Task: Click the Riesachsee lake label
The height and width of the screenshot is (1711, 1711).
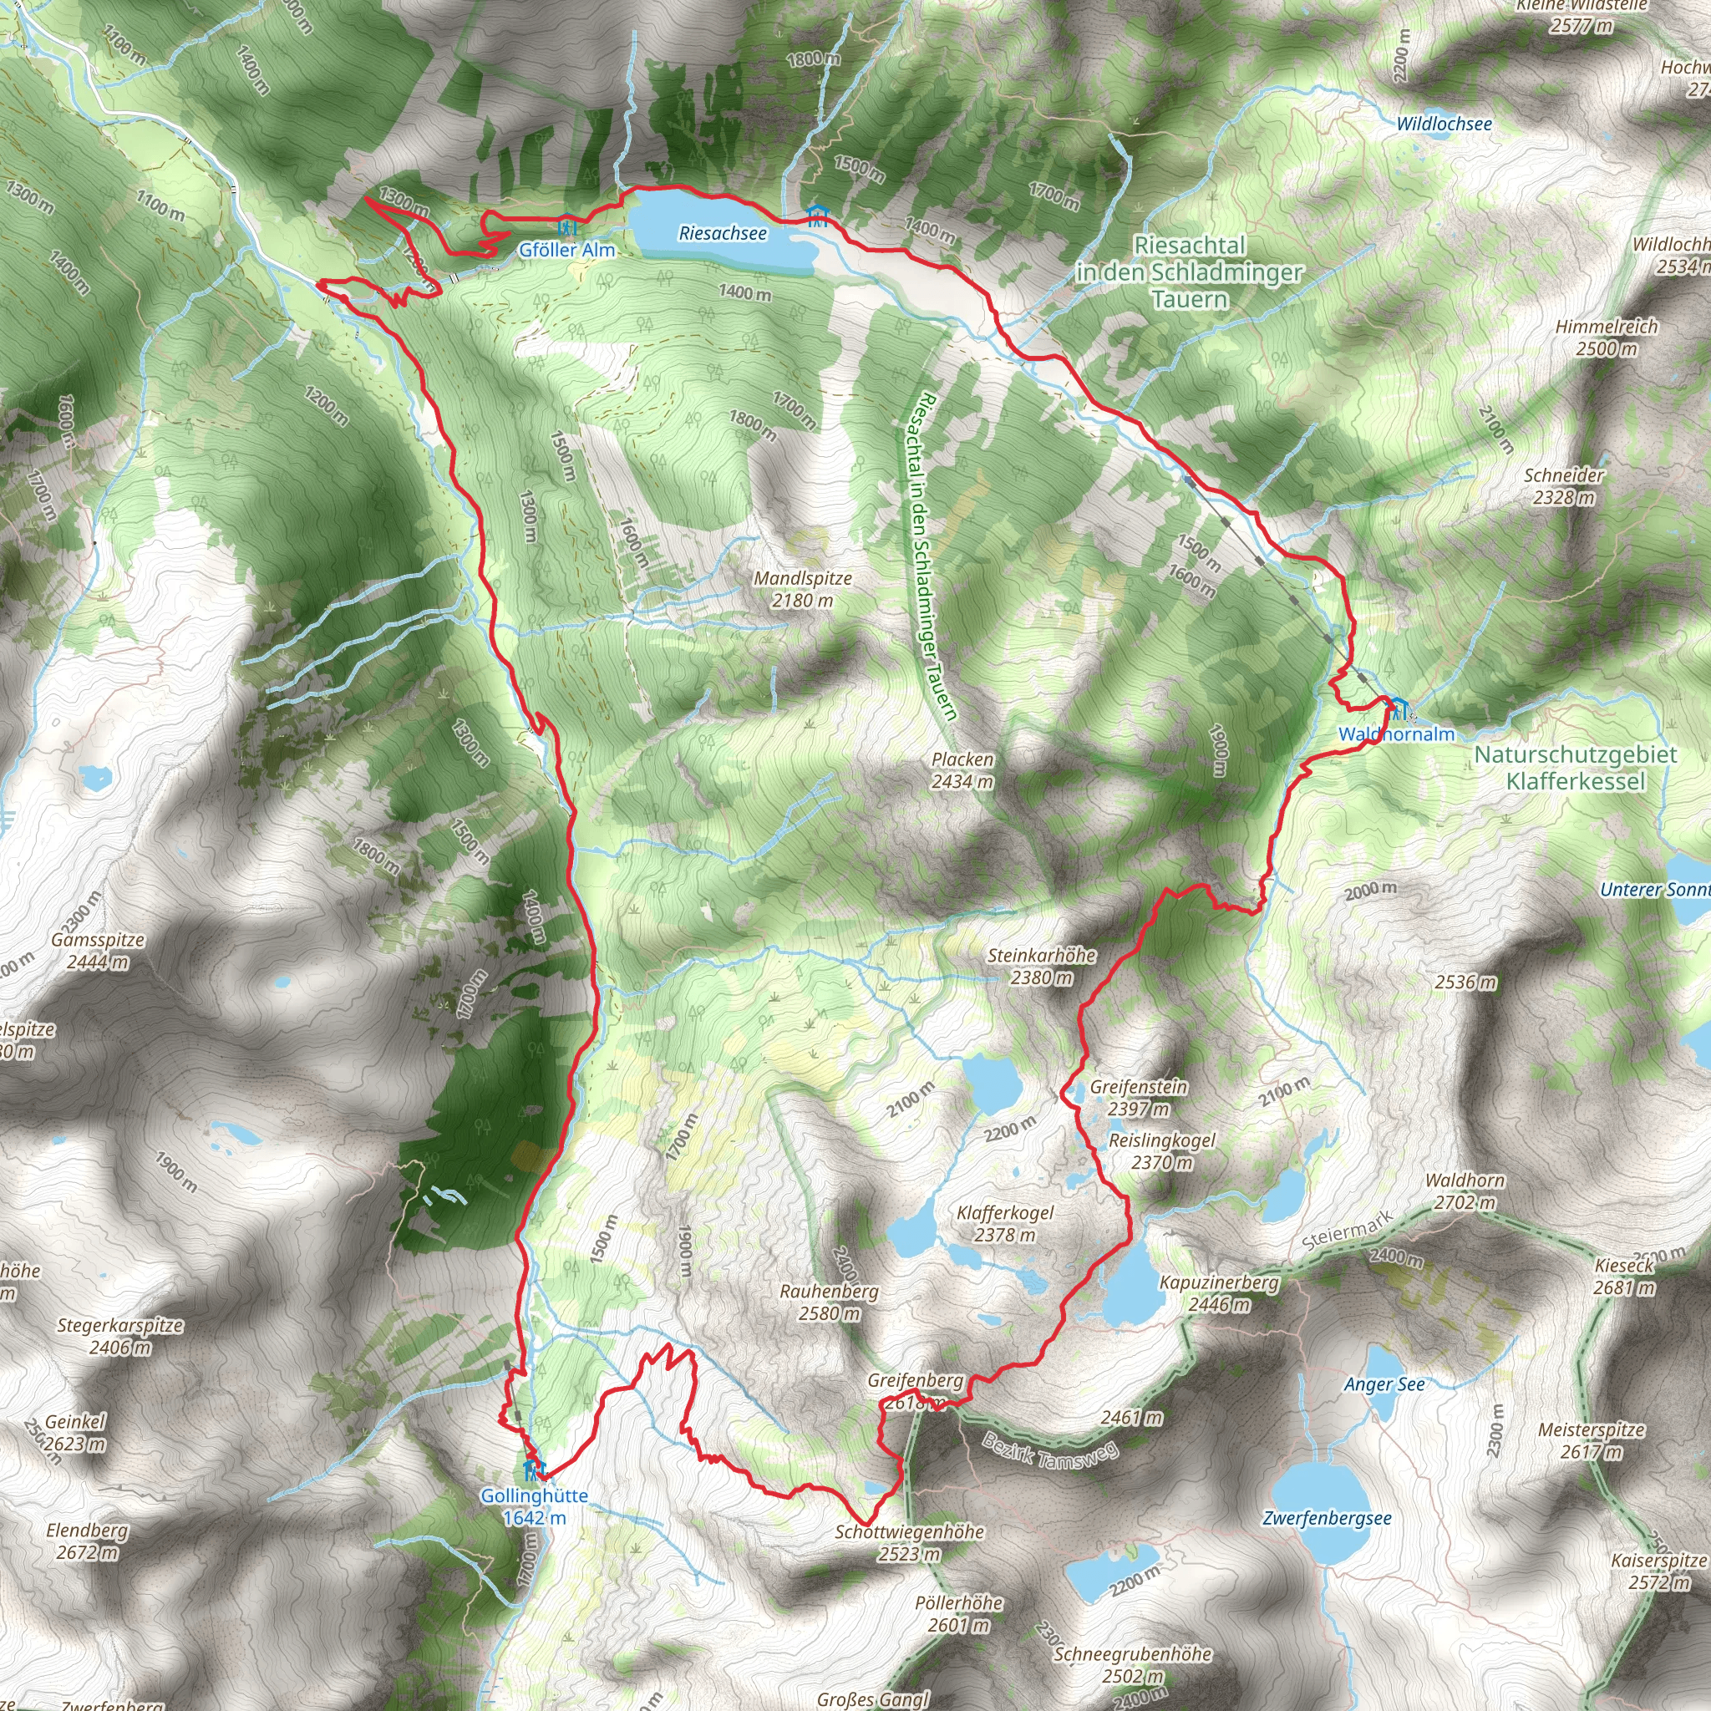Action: (x=723, y=234)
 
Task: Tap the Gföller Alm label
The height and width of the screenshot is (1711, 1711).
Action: (x=566, y=251)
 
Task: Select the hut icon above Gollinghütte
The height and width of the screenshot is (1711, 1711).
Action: (x=531, y=1470)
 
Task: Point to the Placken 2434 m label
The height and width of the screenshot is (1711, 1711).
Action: (x=962, y=770)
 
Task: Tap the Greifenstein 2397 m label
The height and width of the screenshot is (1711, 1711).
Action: (x=1139, y=1097)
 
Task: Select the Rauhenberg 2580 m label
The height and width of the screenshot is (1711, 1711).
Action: (x=829, y=1302)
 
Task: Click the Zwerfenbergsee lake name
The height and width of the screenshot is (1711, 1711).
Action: (x=1328, y=1519)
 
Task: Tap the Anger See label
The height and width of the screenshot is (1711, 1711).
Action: (x=1385, y=1384)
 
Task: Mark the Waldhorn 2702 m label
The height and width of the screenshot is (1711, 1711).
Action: (x=1465, y=1191)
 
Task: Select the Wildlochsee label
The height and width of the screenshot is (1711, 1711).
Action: (x=1444, y=124)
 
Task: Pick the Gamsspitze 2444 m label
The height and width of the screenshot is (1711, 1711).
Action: (x=99, y=951)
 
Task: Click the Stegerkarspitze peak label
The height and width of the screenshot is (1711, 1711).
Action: (x=120, y=1337)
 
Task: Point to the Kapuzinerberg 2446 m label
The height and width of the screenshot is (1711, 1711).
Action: (x=1220, y=1293)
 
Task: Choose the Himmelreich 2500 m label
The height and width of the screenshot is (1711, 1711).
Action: (x=1607, y=338)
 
